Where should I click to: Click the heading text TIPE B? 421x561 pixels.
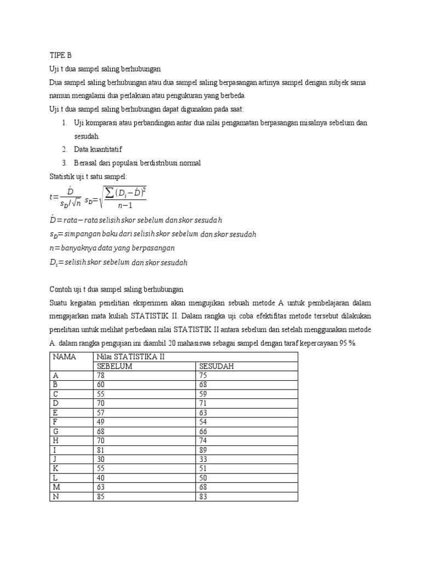[x=60, y=55]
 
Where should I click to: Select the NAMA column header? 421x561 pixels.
[x=65, y=357]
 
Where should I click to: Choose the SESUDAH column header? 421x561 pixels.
[x=217, y=366]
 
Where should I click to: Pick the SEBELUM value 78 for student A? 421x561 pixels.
[x=101, y=375]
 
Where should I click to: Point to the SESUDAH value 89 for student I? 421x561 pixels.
[x=204, y=450]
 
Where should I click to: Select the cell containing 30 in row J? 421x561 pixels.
[x=101, y=460]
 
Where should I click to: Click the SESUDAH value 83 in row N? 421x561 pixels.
[x=204, y=497]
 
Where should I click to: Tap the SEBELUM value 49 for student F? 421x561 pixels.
[x=101, y=422]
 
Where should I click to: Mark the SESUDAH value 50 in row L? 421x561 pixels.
[x=204, y=478]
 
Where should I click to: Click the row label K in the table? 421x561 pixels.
[x=55, y=469]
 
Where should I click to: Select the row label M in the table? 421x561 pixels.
[x=56, y=488]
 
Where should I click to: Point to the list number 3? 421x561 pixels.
[x=64, y=163]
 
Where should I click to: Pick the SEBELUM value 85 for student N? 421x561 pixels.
[x=101, y=497]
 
